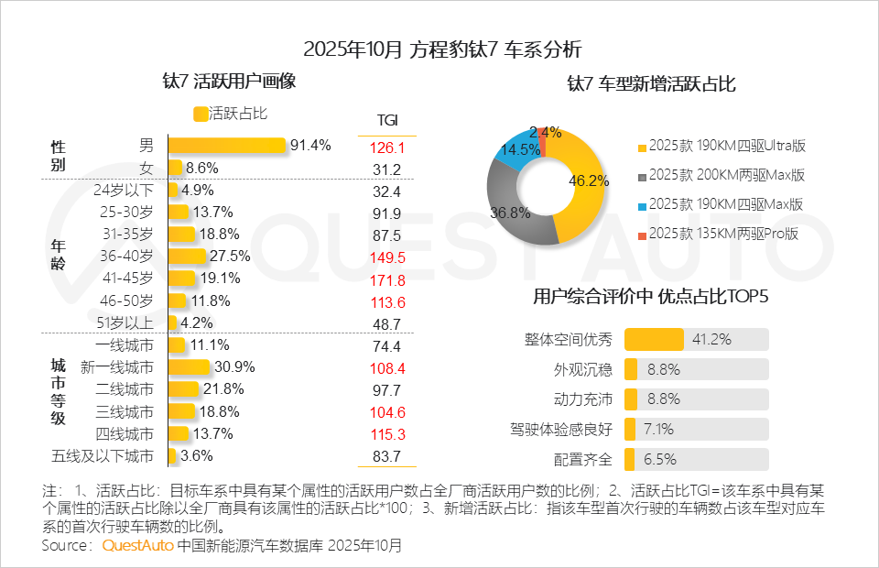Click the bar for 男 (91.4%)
click(226, 146)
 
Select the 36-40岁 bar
click(186, 257)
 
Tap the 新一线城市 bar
click(189, 367)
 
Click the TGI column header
click(387, 121)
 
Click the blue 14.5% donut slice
click(518, 150)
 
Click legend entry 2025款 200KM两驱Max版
click(726, 175)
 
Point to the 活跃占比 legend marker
click(201, 115)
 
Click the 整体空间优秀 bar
click(654, 340)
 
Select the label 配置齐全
click(582, 459)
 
